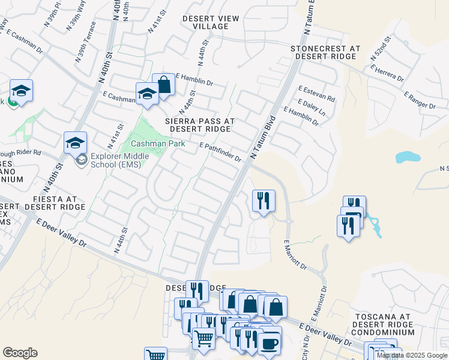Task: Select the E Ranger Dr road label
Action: point(420,100)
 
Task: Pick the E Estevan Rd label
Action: point(316,94)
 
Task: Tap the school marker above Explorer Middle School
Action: point(75,143)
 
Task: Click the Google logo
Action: point(20,353)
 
